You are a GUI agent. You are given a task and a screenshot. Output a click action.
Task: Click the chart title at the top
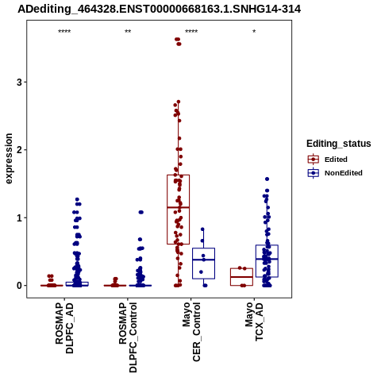159,10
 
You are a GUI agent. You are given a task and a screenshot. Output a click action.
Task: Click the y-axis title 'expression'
9,159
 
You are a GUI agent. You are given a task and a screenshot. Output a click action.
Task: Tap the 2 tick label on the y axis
19,150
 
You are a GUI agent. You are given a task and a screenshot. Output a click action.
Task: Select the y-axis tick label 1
19,217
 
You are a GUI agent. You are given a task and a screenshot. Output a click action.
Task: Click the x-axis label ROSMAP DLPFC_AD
64,328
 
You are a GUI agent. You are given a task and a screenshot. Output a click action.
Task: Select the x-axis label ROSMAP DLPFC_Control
128,337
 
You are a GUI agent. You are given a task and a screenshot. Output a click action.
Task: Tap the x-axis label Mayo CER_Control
191,332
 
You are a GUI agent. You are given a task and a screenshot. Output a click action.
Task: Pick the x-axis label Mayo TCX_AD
254,321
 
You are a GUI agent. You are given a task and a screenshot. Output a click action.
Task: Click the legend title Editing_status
339,144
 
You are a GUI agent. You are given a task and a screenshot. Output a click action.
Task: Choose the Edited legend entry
336,160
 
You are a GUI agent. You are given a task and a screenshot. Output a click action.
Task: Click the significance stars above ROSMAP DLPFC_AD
64,32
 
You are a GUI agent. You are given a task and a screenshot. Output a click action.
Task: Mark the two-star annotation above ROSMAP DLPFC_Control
128,32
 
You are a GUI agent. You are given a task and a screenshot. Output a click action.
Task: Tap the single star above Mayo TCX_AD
254,32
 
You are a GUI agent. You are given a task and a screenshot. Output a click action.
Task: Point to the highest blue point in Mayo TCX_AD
267,179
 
